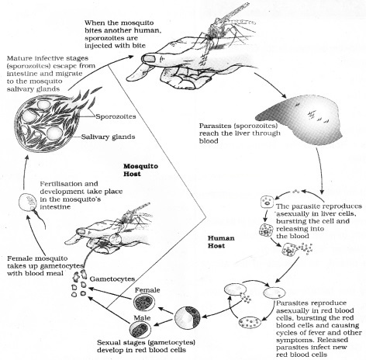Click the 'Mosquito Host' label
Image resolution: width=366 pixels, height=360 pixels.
142,170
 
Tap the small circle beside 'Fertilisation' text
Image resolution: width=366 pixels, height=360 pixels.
26,203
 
